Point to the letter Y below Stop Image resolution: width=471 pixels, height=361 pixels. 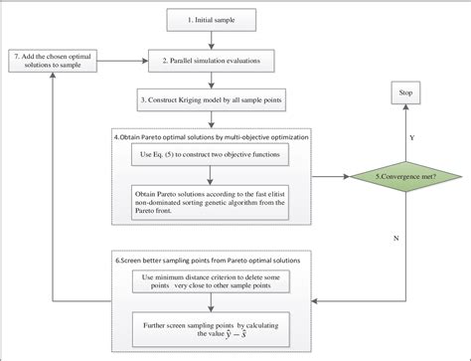[411, 127]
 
